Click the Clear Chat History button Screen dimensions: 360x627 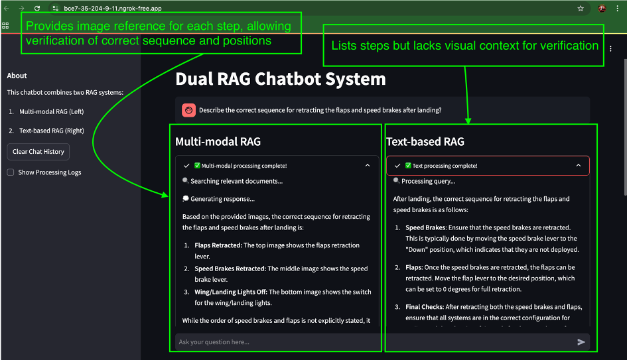[x=38, y=152]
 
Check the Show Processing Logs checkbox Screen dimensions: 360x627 [x=11, y=172]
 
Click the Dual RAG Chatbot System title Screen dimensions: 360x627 [x=280, y=79]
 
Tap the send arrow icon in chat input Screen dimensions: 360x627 [x=581, y=342]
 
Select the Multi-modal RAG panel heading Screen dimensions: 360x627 [x=218, y=141]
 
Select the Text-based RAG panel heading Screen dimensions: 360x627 [x=425, y=141]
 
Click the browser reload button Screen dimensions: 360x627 [x=37, y=9]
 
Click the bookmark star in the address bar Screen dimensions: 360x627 [x=581, y=9]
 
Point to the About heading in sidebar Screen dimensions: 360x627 [x=17, y=76]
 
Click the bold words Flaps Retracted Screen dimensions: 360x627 [x=218, y=245]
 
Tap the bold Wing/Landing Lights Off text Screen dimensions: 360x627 [x=230, y=292]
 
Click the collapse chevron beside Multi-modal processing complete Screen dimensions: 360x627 [x=368, y=166]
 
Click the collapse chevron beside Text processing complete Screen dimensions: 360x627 [x=578, y=166]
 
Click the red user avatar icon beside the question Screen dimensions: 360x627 [x=188, y=110]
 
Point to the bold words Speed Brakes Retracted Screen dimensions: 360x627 [x=230, y=269]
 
